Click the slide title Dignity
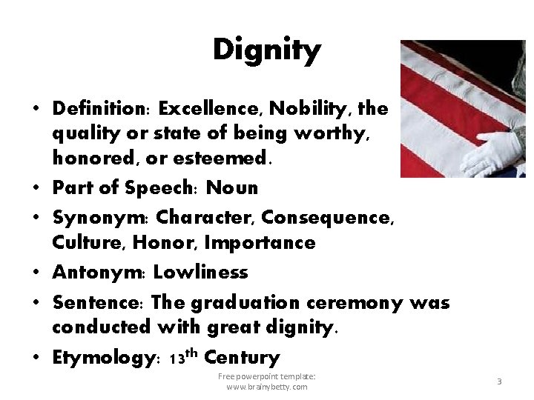coord(266,50)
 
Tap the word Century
coord(242,358)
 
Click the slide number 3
coord(499,381)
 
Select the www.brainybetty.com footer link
coord(266,387)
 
